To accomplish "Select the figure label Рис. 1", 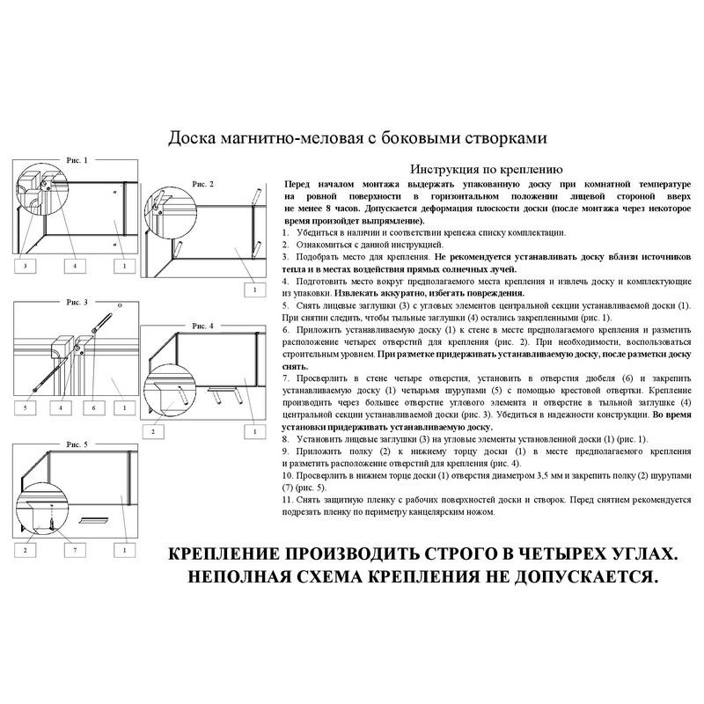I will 77,160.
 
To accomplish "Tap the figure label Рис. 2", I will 202,183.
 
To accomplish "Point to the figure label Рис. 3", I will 77,302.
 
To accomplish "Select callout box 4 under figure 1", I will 74,265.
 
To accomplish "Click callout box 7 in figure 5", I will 75,550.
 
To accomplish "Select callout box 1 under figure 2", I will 254,289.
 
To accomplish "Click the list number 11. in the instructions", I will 287,499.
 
